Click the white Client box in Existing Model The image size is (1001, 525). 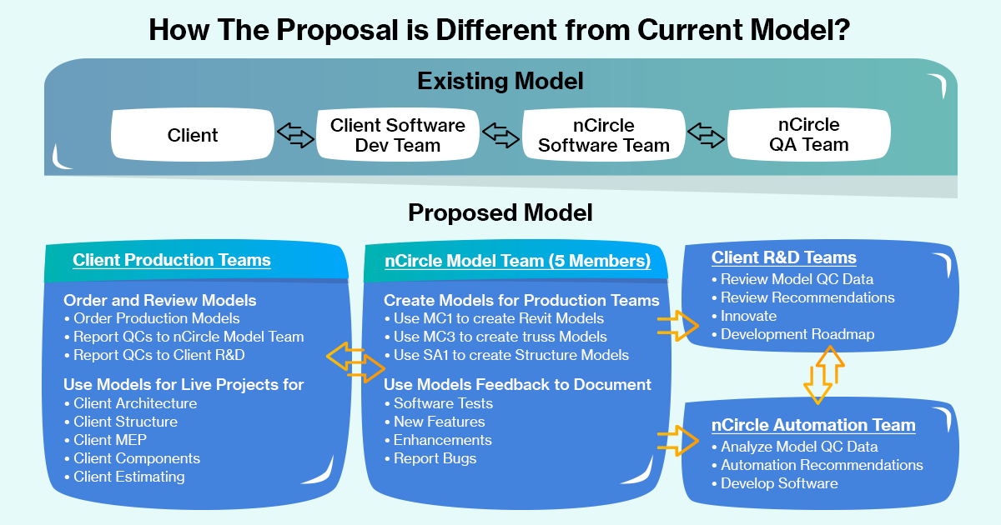[x=193, y=135]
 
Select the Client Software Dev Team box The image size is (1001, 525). [x=398, y=135]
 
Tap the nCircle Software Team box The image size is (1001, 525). [x=603, y=135]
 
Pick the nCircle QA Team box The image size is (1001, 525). [x=808, y=135]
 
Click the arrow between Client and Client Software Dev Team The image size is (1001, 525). [x=294, y=135]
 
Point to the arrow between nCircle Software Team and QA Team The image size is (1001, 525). [x=706, y=135]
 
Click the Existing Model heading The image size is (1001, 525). [x=500, y=82]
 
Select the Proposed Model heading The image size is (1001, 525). [x=500, y=213]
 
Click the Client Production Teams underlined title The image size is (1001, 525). [x=172, y=260]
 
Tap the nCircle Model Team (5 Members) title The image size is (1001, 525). [x=518, y=261]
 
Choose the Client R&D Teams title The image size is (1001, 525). [x=784, y=257]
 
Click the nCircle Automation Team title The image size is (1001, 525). [x=813, y=425]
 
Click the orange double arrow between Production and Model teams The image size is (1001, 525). [x=356, y=360]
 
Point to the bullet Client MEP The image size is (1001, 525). [x=110, y=440]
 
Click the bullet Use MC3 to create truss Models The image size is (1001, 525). [x=500, y=337]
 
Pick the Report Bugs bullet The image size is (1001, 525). [x=435, y=458]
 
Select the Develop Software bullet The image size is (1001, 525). [x=779, y=483]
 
